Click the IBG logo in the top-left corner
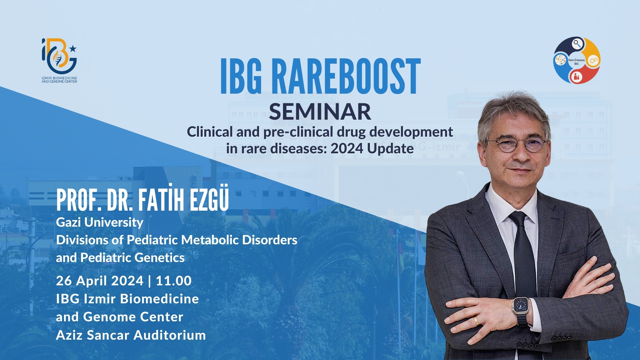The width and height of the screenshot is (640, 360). click(59, 60)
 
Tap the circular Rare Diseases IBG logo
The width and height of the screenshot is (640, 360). click(577, 60)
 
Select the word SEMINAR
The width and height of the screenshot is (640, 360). click(320, 112)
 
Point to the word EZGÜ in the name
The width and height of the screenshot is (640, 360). click(209, 200)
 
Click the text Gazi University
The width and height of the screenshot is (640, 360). click(99, 222)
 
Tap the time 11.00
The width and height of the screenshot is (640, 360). click(174, 281)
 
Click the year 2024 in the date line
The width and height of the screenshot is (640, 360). click(127, 281)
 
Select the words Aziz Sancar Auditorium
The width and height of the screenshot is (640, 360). click(131, 335)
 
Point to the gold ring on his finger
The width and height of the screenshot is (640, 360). click(476, 321)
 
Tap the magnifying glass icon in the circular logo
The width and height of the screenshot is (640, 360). click(577, 44)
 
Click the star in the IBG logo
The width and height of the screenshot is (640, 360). click(73, 49)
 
